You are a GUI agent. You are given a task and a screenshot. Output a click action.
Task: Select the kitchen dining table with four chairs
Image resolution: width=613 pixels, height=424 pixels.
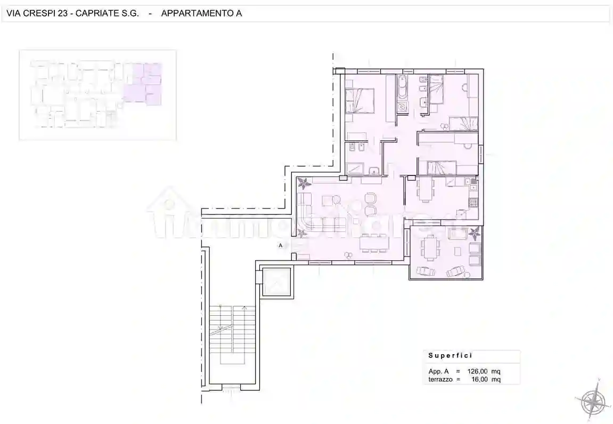pos(424,189)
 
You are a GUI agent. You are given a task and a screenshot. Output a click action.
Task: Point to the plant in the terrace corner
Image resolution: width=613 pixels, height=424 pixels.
pos(474,233)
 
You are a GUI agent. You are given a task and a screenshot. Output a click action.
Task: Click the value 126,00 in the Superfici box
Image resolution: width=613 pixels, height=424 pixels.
pos(477,371)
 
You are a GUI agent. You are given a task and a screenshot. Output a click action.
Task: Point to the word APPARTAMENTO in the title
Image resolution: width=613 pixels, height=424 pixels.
pos(194,13)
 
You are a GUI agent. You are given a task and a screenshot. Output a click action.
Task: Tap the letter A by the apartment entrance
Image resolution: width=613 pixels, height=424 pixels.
pos(280,246)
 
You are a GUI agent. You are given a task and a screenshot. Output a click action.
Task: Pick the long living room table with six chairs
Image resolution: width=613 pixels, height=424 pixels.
pos(372,244)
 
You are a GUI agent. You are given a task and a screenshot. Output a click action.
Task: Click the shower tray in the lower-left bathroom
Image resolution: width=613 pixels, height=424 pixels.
pos(355,169)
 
